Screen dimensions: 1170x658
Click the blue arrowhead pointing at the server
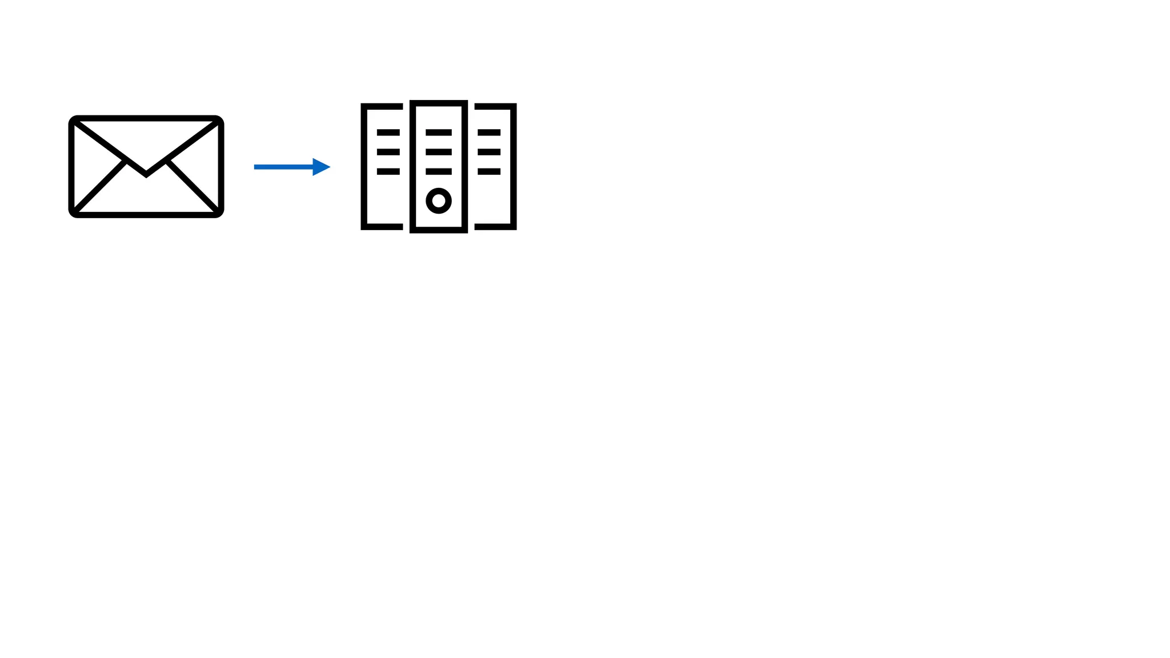(322, 167)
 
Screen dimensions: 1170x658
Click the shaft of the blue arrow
(283, 167)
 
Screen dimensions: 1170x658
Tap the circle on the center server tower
(439, 200)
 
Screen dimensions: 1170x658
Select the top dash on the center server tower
(439, 133)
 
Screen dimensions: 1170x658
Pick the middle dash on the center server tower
(439, 152)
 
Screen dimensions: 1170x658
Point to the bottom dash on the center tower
(439, 171)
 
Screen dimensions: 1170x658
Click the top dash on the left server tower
(388, 133)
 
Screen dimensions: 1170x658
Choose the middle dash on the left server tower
(388, 152)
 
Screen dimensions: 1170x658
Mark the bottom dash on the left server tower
(388, 171)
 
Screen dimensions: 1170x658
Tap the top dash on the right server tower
(489, 133)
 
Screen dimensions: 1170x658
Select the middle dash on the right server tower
(489, 152)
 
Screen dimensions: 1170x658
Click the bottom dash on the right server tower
(489, 171)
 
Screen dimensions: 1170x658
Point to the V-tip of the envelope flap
(146, 174)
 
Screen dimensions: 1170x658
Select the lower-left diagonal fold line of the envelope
(101, 186)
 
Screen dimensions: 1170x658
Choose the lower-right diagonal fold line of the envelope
(193, 186)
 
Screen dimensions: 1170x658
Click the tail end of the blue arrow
(256, 167)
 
